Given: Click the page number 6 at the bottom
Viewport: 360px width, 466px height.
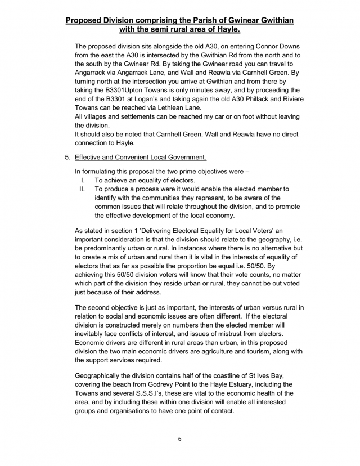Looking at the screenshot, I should pyautogui.click(x=179, y=438).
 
